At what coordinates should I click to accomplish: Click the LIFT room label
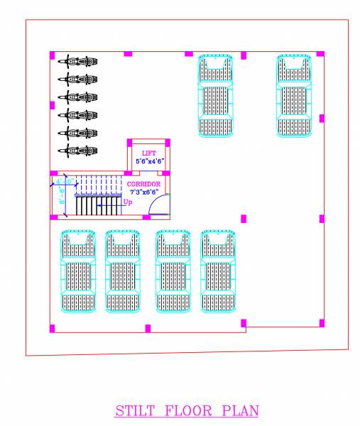click(x=148, y=153)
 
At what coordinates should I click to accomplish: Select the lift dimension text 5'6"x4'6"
click(x=150, y=162)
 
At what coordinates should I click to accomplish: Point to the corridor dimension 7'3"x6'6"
click(x=143, y=192)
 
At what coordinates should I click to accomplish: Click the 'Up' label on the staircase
click(x=128, y=202)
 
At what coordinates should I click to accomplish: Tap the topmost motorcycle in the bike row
click(x=78, y=61)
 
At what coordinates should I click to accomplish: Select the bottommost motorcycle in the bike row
click(x=78, y=150)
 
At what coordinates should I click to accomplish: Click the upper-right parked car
click(x=294, y=95)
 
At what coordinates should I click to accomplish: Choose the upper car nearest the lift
click(x=216, y=95)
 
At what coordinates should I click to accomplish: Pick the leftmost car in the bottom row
click(x=78, y=271)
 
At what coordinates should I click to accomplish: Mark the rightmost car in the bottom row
click(x=217, y=271)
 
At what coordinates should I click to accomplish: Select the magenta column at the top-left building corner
click(x=52, y=54)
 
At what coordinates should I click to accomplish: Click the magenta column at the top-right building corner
click(x=321, y=54)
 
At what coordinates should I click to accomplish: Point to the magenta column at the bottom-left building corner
click(x=52, y=328)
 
